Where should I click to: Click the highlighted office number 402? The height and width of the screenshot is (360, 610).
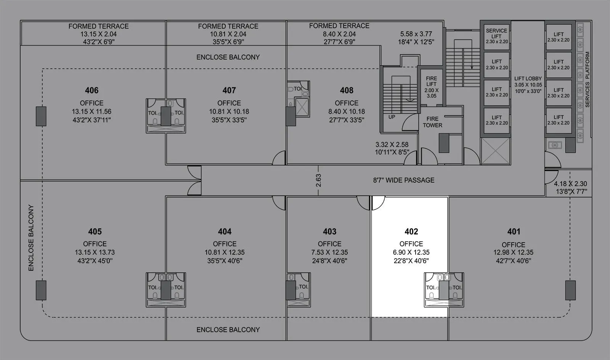pyautogui.click(x=411, y=231)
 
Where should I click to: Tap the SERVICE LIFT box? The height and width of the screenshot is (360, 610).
pyautogui.click(x=496, y=36)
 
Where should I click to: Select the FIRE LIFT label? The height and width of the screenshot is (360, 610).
pyautogui.click(x=431, y=81)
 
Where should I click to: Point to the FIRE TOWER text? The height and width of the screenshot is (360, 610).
pyautogui.click(x=432, y=122)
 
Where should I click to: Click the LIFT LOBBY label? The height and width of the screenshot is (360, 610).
pyautogui.click(x=528, y=79)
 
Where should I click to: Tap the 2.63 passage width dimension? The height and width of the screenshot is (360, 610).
pyautogui.click(x=318, y=180)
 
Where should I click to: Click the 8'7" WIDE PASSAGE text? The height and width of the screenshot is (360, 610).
pyautogui.click(x=403, y=180)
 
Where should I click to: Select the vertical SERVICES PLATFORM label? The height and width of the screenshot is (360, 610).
pyautogui.click(x=587, y=79)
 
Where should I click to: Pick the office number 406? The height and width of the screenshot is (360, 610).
pyautogui.click(x=91, y=90)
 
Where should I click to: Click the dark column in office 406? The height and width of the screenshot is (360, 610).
pyautogui.click(x=41, y=116)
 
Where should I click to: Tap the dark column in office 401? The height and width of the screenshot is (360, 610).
pyautogui.click(x=570, y=290)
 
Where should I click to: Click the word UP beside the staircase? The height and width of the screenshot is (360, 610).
pyautogui.click(x=392, y=117)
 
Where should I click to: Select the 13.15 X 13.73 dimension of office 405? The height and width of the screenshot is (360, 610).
pyautogui.click(x=95, y=252)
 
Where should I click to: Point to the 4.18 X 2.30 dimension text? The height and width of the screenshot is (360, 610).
pyautogui.click(x=570, y=183)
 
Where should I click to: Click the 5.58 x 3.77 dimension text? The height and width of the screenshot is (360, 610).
pyautogui.click(x=416, y=34)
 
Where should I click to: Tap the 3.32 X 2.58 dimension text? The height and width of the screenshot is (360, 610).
pyautogui.click(x=392, y=145)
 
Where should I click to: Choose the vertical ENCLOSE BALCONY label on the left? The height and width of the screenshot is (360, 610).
pyautogui.click(x=31, y=238)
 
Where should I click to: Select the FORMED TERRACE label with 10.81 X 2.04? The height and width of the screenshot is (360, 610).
pyautogui.click(x=228, y=26)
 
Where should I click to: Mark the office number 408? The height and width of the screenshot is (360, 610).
pyautogui.click(x=346, y=90)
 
